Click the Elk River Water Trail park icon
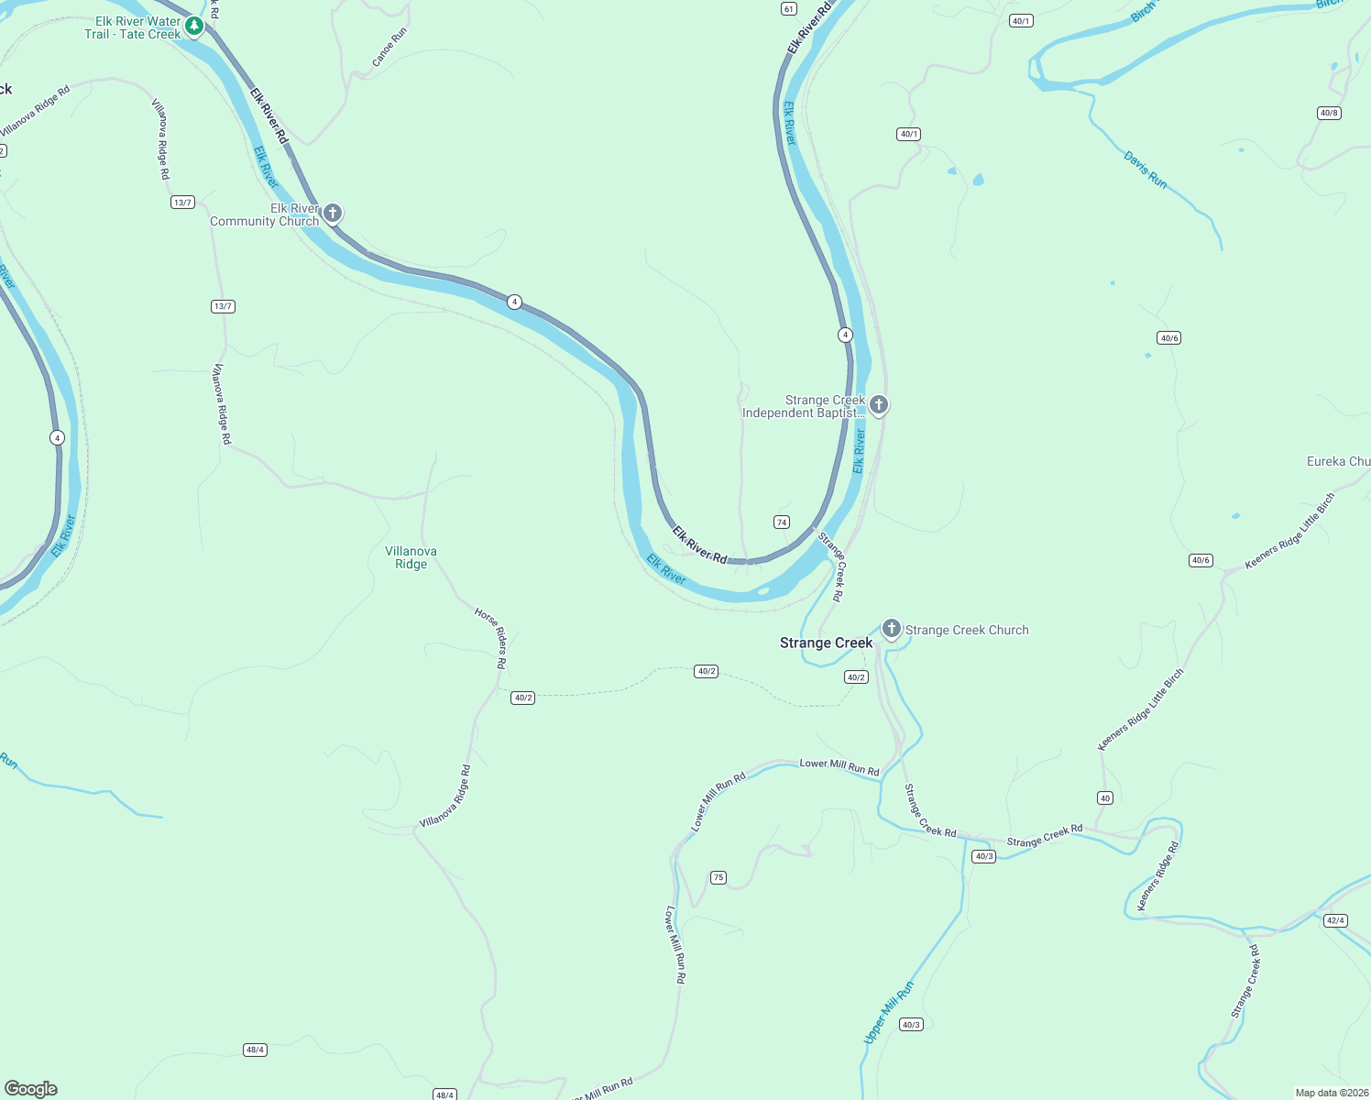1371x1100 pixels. pyautogui.click(x=193, y=26)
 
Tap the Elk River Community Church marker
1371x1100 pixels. pyautogui.click(x=333, y=214)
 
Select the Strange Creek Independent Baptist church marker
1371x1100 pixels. pyautogui.click(x=878, y=404)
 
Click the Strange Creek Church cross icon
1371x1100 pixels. pyautogui.click(x=891, y=629)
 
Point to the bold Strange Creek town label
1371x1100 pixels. pyautogui.click(x=826, y=643)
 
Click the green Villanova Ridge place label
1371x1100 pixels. pyautogui.click(x=411, y=557)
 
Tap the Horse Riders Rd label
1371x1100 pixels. pyautogui.click(x=491, y=636)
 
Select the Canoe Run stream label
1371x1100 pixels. pyautogui.click(x=389, y=48)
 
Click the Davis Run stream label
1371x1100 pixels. pyautogui.click(x=1146, y=170)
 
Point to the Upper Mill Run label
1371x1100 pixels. pyautogui.click(x=889, y=1012)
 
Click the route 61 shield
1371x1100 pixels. pyautogui.click(x=789, y=8)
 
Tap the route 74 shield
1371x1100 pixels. pyautogui.click(x=781, y=522)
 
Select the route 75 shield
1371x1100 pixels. pyautogui.click(x=718, y=877)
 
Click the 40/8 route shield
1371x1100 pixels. pyautogui.click(x=1328, y=113)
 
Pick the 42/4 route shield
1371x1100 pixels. pyautogui.click(x=1335, y=920)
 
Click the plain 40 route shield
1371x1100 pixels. pyautogui.click(x=1105, y=797)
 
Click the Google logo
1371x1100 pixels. pyautogui.click(x=31, y=1089)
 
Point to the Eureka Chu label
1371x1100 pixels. pyautogui.click(x=1338, y=461)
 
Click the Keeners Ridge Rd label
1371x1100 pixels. pyautogui.click(x=1157, y=877)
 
